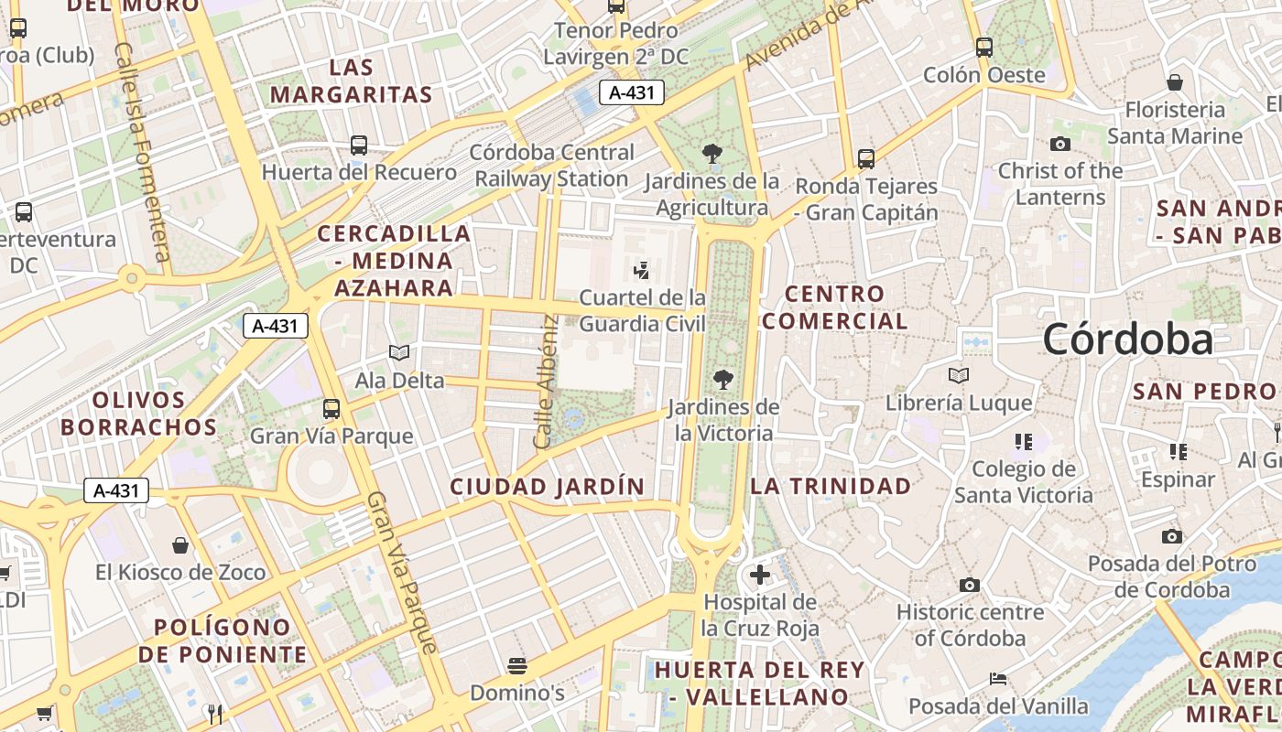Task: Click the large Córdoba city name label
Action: pos(1127,339)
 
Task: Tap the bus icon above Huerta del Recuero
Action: pos(359,145)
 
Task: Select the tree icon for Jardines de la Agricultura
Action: pos(712,154)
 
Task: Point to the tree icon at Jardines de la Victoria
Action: pos(723,379)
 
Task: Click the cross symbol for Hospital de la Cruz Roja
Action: pos(760,575)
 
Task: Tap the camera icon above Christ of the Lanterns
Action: pos(1060,144)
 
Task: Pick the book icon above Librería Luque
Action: pos(959,375)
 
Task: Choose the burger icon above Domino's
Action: pos(517,665)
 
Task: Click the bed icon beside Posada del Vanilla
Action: pos(998,679)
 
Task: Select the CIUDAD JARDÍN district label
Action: pos(548,487)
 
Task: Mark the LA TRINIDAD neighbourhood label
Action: pos(831,486)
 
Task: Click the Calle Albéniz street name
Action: pos(547,382)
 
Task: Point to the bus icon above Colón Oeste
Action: pos(984,48)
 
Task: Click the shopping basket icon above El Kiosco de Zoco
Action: pos(181,545)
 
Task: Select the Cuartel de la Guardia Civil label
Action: pos(643,310)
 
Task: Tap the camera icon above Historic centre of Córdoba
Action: pos(970,585)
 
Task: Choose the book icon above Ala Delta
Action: pos(399,353)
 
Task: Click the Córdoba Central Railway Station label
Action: pos(551,166)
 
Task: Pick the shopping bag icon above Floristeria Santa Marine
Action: pos(1175,82)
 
